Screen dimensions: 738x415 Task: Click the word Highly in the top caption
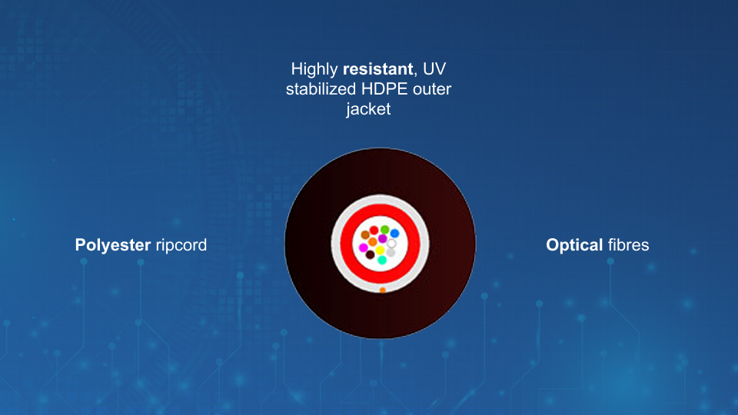tap(314, 70)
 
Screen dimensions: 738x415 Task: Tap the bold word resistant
tap(378, 69)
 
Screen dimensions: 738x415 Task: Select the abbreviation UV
tap(434, 69)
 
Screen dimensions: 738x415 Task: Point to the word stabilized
tap(321, 89)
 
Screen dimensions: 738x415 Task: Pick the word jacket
tap(368, 109)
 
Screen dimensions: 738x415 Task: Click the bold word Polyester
tap(113, 245)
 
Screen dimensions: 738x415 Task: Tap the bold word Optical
tap(574, 245)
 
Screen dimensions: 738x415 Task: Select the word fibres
tap(628, 244)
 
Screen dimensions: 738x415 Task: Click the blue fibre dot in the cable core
tap(394, 234)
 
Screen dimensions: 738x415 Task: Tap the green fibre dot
tap(384, 230)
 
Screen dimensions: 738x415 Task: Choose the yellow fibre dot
tap(380, 250)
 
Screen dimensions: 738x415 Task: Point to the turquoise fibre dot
tap(382, 260)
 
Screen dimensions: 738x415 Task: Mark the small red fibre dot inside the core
tap(374, 230)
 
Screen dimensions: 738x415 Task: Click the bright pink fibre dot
tap(363, 247)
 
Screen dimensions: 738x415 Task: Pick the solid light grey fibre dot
tap(391, 253)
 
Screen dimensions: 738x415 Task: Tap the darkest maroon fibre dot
tap(370, 255)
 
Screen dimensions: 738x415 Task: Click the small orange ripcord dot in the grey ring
tap(383, 290)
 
